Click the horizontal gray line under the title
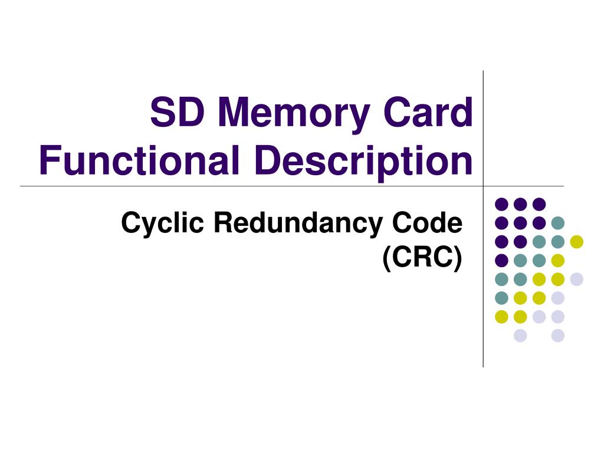click(236, 186)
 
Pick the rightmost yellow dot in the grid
click(576, 241)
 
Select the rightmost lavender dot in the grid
click(576, 279)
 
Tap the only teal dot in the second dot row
click(557, 223)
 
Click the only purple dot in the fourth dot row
click(501, 260)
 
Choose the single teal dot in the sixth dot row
click(501, 298)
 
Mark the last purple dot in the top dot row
click(539, 204)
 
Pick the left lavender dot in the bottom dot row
click(520, 336)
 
